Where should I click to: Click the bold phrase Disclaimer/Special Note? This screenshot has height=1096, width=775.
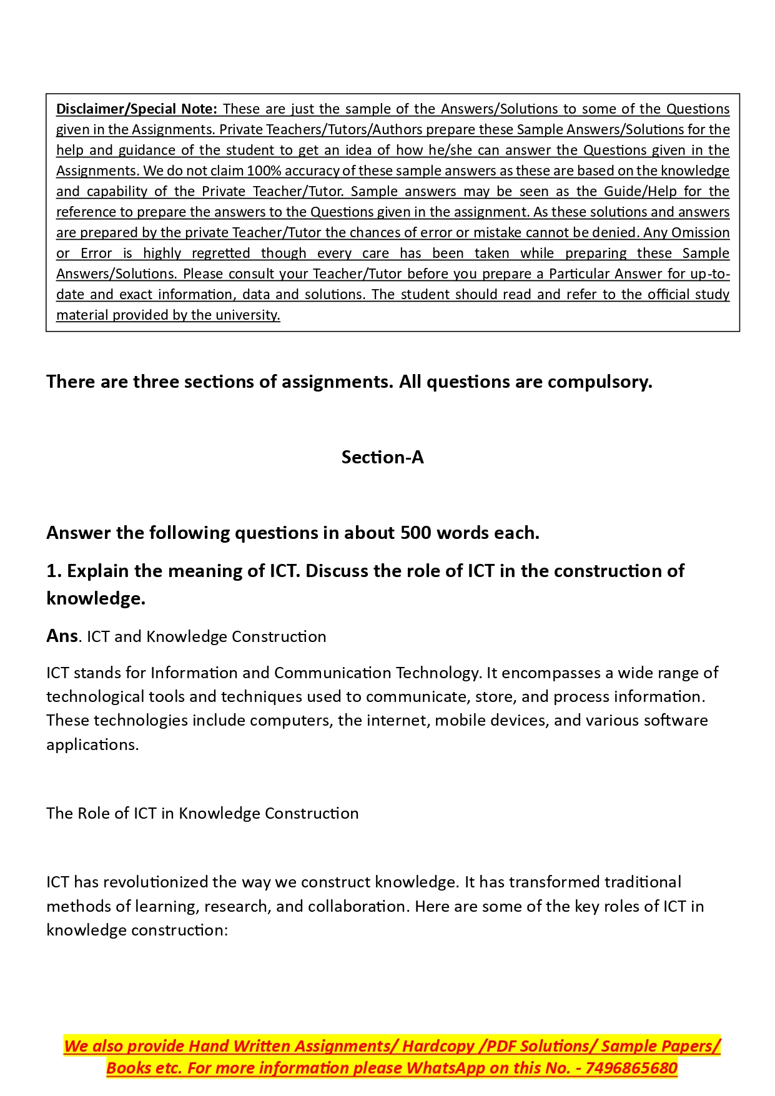pos(137,109)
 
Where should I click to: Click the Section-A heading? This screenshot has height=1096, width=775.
pos(382,457)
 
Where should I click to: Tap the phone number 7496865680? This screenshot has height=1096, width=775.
pos(631,1068)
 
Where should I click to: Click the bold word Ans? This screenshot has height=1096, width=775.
pos(62,636)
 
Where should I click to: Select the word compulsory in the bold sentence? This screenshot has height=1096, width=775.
pos(604,382)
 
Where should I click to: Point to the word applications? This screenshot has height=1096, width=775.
pos(91,744)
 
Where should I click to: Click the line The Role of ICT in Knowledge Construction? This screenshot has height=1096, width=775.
pos(202,813)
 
